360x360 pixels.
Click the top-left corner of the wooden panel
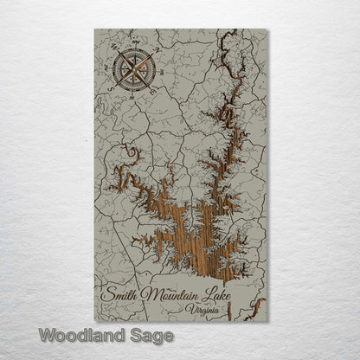click(94, 29)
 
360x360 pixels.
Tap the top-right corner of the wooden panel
click(267, 29)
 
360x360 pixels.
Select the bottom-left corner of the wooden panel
click(94, 320)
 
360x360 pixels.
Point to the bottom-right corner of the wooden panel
click(267, 320)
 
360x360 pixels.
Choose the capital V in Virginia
click(191, 309)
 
